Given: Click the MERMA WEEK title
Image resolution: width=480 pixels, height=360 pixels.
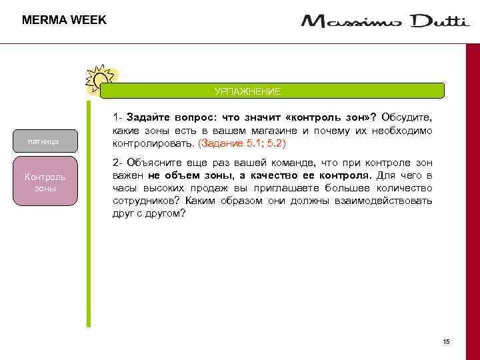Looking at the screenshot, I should point(64,20).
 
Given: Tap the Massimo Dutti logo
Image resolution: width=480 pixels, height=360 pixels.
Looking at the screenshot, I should point(385,22).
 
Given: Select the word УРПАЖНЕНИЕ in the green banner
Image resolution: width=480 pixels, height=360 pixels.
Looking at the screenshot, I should point(247,91).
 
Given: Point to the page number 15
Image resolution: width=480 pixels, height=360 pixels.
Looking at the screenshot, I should point(446,342).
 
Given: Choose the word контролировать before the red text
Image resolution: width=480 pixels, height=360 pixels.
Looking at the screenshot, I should point(153,143).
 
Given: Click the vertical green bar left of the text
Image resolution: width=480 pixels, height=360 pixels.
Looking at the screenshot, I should point(89,213).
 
